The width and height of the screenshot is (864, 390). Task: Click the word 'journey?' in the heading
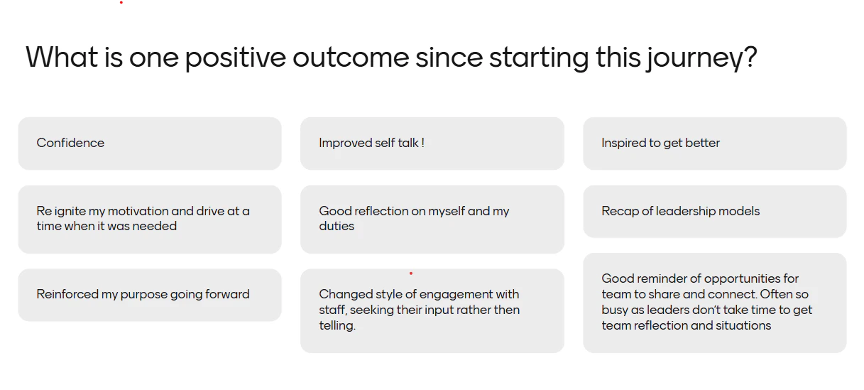[x=702, y=58]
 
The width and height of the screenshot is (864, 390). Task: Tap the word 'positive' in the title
[x=235, y=58]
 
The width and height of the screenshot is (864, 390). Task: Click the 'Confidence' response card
[x=150, y=143]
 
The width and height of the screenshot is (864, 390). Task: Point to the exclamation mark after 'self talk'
[x=422, y=143]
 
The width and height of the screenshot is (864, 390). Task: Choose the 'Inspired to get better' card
[x=715, y=143]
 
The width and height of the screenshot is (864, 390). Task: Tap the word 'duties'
[x=337, y=226]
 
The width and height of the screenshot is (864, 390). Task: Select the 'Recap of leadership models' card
[x=715, y=211]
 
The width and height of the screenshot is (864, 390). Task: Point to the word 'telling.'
[x=337, y=325]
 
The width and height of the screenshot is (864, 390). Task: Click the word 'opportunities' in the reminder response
[x=737, y=278]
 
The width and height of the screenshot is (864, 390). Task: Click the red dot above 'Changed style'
[x=411, y=273]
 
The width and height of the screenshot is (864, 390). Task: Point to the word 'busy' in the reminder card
[x=614, y=310]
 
